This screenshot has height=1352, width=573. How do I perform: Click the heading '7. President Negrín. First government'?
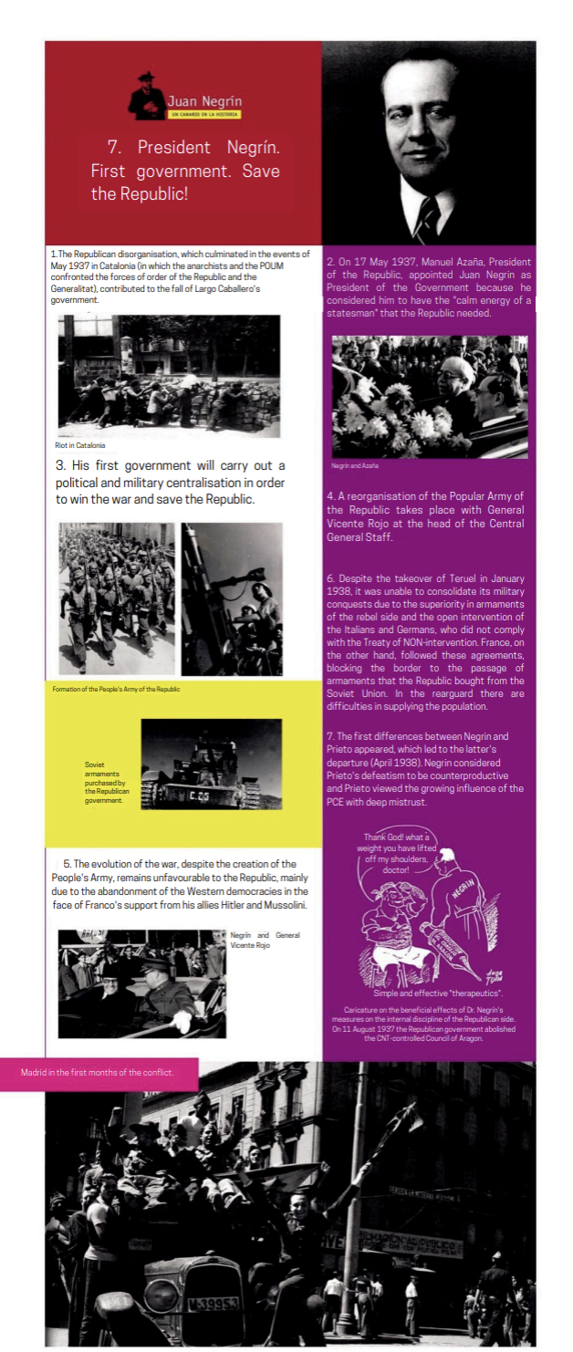coord(185,171)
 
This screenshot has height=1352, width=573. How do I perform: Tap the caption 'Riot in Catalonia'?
coord(80,445)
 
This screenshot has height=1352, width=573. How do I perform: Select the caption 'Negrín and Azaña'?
coord(355,465)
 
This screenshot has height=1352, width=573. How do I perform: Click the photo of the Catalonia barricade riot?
coord(169,376)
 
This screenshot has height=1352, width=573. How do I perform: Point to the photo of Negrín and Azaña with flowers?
coord(429,396)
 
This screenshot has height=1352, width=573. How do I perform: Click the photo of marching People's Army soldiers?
coord(116,598)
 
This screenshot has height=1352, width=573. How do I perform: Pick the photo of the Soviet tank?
coord(211,764)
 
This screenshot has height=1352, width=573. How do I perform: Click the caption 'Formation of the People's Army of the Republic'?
coord(116,689)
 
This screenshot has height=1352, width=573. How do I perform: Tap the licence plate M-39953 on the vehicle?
coord(212,1304)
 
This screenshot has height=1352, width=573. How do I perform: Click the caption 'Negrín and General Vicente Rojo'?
coord(265,940)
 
